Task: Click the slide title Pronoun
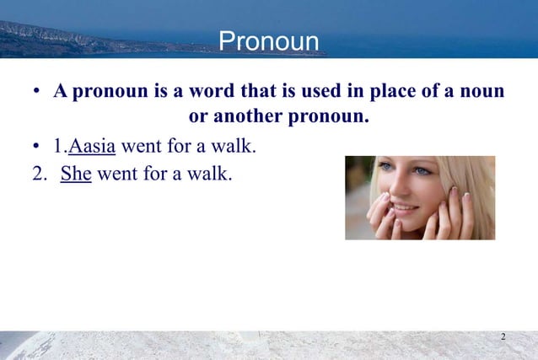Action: pyautogui.click(x=269, y=41)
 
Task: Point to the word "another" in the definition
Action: pyautogui.click(x=250, y=116)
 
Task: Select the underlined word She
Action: pyautogui.click(x=76, y=175)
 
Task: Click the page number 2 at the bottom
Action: pyautogui.click(x=503, y=338)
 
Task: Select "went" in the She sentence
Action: pyautogui.click(x=117, y=175)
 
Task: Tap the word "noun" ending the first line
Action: pyautogui.click(x=483, y=91)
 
